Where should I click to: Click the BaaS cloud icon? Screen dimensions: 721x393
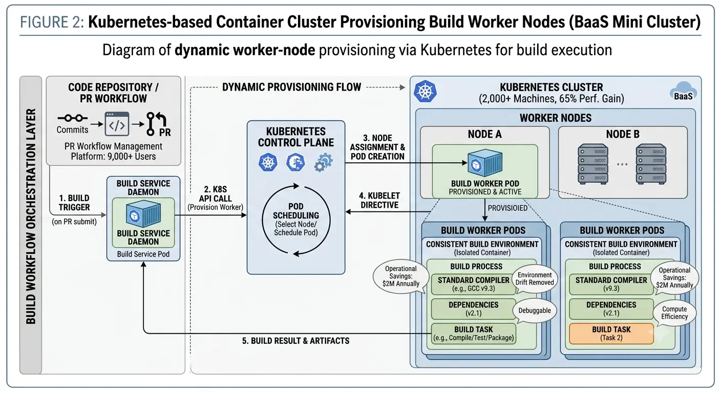pyautogui.click(x=683, y=91)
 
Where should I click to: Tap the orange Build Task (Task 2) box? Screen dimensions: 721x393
pyautogui.click(x=611, y=334)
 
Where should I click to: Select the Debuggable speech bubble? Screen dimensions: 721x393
pyautogui.click(x=534, y=311)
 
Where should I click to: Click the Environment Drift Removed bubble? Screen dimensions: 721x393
pyautogui.click(x=534, y=278)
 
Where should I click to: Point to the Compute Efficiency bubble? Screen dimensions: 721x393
pyautogui.click(x=674, y=313)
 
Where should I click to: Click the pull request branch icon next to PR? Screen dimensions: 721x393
pyautogui.click(x=156, y=124)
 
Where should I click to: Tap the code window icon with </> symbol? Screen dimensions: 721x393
pyautogui.click(x=117, y=124)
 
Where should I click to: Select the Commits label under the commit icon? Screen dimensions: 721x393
pyautogui.click(x=72, y=129)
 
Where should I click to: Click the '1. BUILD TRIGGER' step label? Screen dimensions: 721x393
pyautogui.click(x=74, y=203)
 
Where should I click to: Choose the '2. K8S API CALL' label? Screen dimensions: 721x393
pyautogui.click(x=216, y=194)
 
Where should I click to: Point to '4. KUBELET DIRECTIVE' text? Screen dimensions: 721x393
pyautogui.click(x=379, y=201)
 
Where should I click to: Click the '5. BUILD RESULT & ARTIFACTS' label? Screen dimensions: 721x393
pyautogui.click(x=295, y=341)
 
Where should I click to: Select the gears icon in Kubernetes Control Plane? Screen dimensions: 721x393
pyautogui.click(x=323, y=162)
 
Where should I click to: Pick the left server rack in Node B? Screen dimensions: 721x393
pyautogui.click(x=592, y=164)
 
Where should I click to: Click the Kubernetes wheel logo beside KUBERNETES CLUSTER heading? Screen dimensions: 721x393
pyautogui.click(x=425, y=91)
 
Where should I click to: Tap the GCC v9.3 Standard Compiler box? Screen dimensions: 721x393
pyautogui.click(x=474, y=284)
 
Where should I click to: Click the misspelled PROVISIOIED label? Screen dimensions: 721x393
pyautogui.click(x=507, y=208)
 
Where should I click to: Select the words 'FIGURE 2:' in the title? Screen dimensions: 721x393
pyautogui.click(x=52, y=22)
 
